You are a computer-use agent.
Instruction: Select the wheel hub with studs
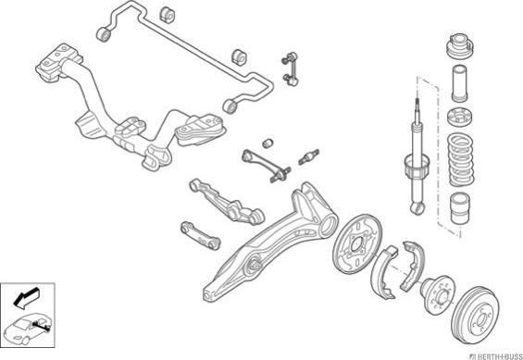click(x=438, y=294)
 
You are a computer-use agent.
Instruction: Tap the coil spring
click(x=461, y=160)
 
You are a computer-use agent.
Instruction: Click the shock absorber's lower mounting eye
click(x=417, y=208)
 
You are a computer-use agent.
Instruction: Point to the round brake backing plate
click(x=357, y=244)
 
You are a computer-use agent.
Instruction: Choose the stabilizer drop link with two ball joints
click(x=290, y=68)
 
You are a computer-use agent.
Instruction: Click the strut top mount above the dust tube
click(x=460, y=46)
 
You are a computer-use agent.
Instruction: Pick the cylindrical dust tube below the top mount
click(x=459, y=83)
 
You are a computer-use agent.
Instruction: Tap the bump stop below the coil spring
click(x=460, y=208)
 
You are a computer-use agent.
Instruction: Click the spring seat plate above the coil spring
click(x=459, y=118)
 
